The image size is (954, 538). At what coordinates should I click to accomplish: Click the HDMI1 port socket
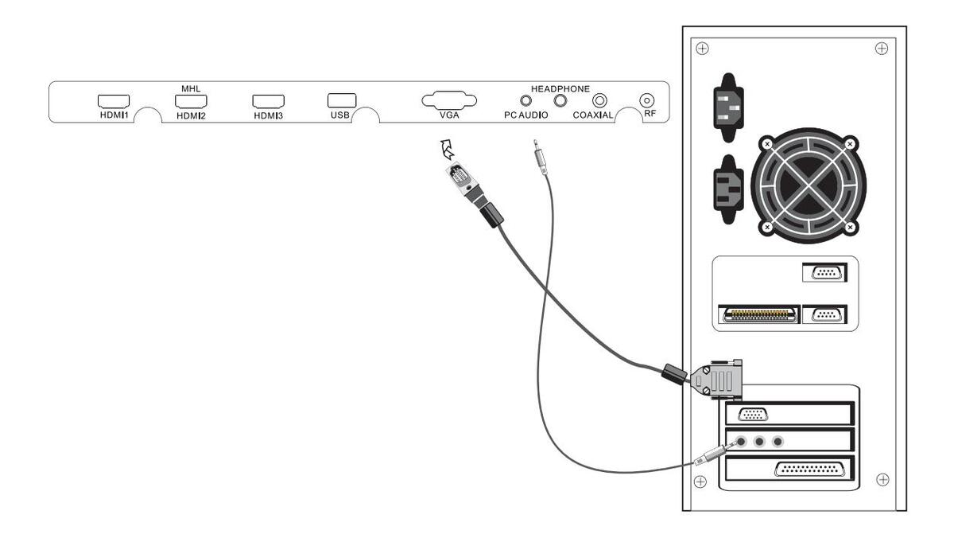pyautogui.click(x=114, y=101)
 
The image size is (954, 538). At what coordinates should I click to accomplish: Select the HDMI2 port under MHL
pyautogui.click(x=192, y=101)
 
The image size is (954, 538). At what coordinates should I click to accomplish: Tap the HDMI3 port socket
pyautogui.click(x=269, y=101)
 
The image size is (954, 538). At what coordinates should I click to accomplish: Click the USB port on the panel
pyautogui.click(x=342, y=100)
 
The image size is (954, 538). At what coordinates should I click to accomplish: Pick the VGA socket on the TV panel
pyautogui.click(x=449, y=100)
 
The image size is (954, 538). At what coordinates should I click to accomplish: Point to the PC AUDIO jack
pyautogui.click(x=526, y=100)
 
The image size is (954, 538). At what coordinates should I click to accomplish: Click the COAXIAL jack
pyautogui.click(x=599, y=100)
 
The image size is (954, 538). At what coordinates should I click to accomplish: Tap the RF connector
pyautogui.click(x=647, y=100)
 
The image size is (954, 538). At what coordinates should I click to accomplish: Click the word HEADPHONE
pyautogui.click(x=560, y=88)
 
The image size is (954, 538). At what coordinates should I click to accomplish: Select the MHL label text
pyautogui.click(x=191, y=88)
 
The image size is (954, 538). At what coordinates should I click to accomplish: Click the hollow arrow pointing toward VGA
pyautogui.click(x=446, y=149)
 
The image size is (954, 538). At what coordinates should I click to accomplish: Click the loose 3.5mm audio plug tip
pyautogui.click(x=535, y=142)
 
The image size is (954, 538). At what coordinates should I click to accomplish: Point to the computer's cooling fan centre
pyautogui.click(x=809, y=185)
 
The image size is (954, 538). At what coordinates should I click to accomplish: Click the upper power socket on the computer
pyautogui.click(x=729, y=107)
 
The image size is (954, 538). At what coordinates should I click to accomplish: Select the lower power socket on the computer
pyautogui.click(x=729, y=189)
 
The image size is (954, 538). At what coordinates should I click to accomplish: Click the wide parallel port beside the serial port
pyautogui.click(x=759, y=314)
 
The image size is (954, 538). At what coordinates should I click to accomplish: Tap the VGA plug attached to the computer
pyautogui.click(x=716, y=380)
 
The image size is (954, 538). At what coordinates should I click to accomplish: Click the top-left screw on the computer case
pyautogui.click(x=702, y=49)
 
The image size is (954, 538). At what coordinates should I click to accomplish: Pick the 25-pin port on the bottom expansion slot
pyautogui.click(x=809, y=470)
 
